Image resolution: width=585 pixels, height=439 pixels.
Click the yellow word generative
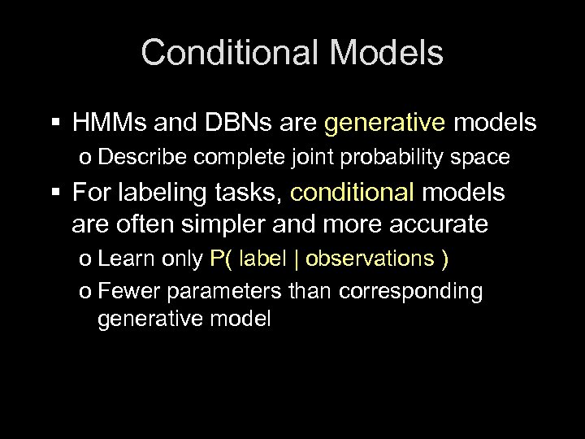click(385, 124)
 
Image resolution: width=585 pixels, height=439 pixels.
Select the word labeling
click(158, 193)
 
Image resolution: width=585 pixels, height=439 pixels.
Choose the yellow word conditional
click(352, 193)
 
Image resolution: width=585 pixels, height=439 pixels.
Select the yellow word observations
click(370, 259)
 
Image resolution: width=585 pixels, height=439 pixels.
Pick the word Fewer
click(123, 291)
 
